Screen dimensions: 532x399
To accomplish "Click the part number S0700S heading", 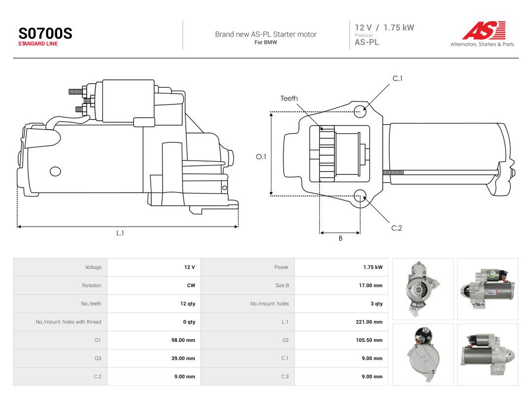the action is pos(45,33).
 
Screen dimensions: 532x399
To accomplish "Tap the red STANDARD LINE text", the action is pos(37,44).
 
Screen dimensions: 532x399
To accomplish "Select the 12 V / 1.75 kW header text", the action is pos(384,28).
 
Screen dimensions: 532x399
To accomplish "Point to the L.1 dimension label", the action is pos(120,233).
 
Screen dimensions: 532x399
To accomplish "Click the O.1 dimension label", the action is pos(261,157).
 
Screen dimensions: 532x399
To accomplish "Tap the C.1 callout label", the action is pos(398,78).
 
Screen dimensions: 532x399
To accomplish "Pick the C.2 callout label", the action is pos(397,228).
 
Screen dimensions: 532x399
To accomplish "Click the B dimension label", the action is pos(340,238).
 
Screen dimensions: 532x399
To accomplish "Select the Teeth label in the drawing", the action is pos(289,99).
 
